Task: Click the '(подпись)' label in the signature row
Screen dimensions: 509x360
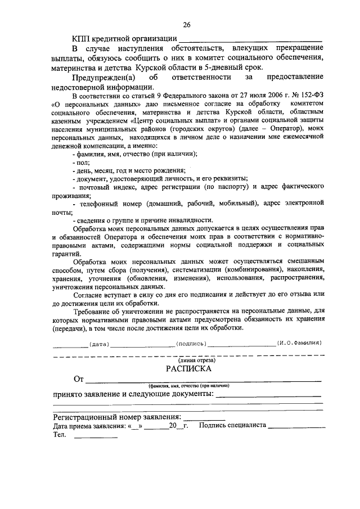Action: point(191,343)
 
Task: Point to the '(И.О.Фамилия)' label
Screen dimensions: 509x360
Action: point(299,343)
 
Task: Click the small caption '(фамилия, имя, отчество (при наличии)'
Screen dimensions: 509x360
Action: point(190,386)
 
